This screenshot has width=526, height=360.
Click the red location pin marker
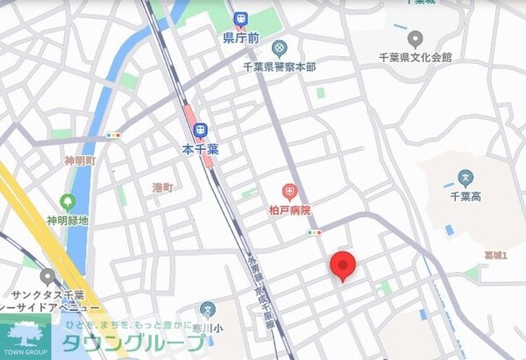coord(342,265)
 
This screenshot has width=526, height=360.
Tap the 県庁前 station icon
coord(240,19)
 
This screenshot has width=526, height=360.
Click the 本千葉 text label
coord(200,150)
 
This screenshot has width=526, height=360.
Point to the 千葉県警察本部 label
coord(280,66)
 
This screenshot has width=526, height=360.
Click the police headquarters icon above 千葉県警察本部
coord(279,46)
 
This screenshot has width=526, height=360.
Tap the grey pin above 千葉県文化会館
coord(416,39)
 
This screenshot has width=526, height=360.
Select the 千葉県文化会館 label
coord(415,57)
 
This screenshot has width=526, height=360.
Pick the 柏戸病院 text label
coord(288,211)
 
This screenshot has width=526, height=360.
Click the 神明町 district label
coord(80,161)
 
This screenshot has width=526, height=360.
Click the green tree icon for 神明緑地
coord(68,201)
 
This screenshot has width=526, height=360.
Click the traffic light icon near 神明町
coord(113,136)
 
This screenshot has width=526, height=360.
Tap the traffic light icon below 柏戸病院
coord(314,232)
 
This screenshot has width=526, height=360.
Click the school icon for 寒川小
coord(207,309)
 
